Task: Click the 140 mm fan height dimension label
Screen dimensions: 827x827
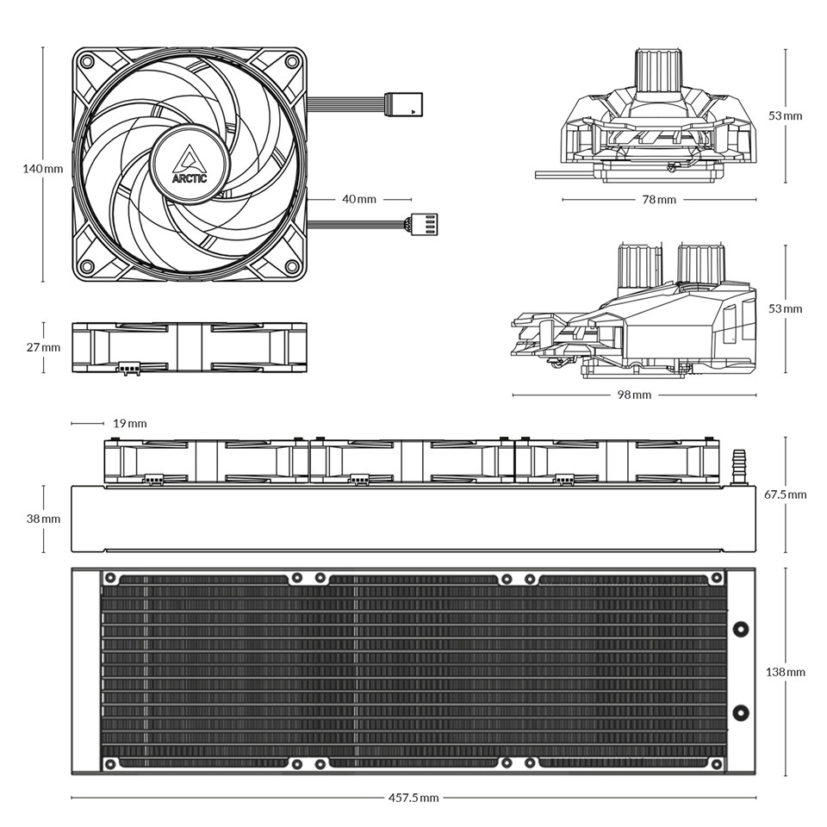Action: pyautogui.click(x=43, y=169)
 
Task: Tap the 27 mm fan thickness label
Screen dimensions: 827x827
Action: pyautogui.click(x=43, y=347)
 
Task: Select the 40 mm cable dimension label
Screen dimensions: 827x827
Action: pyautogui.click(x=359, y=199)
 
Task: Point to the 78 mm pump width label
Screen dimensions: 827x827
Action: pyautogui.click(x=659, y=199)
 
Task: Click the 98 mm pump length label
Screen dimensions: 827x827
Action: pyautogui.click(x=635, y=395)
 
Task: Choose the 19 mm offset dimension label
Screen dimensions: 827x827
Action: pyautogui.click(x=130, y=424)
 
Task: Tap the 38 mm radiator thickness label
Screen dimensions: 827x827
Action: pyautogui.click(x=43, y=519)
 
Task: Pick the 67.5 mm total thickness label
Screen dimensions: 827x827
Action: pyautogui.click(x=786, y=494)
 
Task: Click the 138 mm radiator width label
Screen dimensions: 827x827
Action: pyautogui.click(x=786, y=672)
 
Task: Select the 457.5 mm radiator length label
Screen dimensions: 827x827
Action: pyautogui.click(x=413, y=798)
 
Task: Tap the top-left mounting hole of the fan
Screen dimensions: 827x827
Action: pyautogui.click(x=86, y=61)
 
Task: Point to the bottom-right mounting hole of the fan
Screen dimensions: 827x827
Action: pyautogui.click(x=292, y=265)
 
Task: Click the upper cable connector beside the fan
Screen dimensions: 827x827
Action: pyautogui.click(x=403, y=104)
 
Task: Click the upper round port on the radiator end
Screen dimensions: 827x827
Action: pyautogui.click(x=741, y=628)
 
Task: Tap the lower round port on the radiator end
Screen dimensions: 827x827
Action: pyautogui.click(x=741, y=713)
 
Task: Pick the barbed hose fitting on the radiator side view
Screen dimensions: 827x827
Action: pyautogui.click(x=739, y=467)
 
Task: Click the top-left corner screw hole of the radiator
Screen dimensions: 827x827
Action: pyautogui.click(x=111, y=578)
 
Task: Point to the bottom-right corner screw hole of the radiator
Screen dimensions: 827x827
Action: pyautogui.click(x=717, y=764)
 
